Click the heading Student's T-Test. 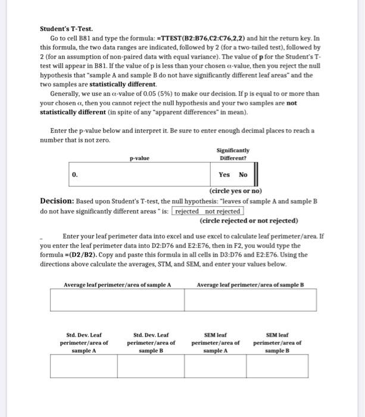click(x=66, y=28)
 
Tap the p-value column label click(x=139, y=158)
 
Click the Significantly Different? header click(x=234, y=154)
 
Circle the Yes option click(x=224, y=175)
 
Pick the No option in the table click(x=243, y=175)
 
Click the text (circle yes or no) click(x=235, y=191)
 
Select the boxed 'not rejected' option click(x=222, y=211)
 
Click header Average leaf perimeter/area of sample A click(x=117, y=285)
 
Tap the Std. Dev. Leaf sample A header click(x=84, y=343)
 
